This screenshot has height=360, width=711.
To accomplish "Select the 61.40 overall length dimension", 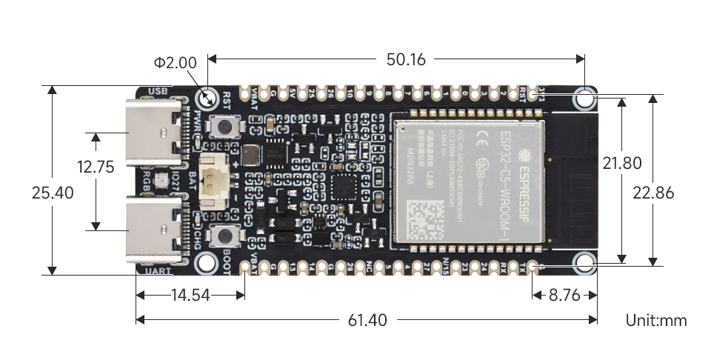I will pyautogui.click(x=367, y=320).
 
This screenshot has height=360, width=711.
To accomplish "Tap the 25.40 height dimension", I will pyautogui.click(x=53, y=193).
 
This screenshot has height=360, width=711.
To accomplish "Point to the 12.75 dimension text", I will pyautogui.click(x=95, y=167).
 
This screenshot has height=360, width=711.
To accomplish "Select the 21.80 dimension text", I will pyautogui.click(x=622, y=163).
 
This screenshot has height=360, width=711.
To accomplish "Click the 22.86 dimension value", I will pyautogui.click(x=653, y=193).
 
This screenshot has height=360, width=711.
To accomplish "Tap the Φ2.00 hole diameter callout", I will pyautogui.click(x=176, y=63).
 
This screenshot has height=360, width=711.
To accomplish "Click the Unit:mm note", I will pyautogui.click(x=656, y=320).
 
